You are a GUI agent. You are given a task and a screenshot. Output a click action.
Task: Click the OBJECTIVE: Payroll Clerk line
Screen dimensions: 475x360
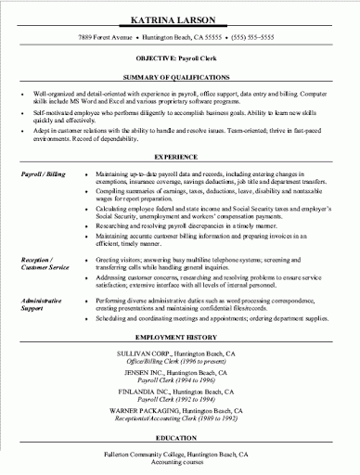[180, 57]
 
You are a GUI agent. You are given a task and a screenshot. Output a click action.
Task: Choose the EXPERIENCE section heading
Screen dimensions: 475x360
[180, 158]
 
